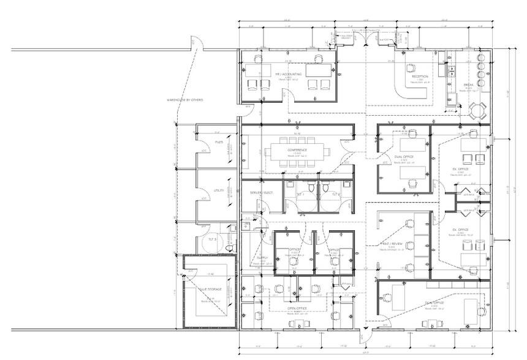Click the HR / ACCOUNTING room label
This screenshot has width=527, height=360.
point(287,73)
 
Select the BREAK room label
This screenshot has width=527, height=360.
point(468,85)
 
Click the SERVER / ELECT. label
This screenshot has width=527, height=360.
point(256,193)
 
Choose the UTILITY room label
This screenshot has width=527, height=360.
point(218,191)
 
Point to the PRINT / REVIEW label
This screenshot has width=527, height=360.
point(393,243)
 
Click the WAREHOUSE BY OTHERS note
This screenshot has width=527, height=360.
point(184,99)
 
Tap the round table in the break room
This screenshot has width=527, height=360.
point(477,110)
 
